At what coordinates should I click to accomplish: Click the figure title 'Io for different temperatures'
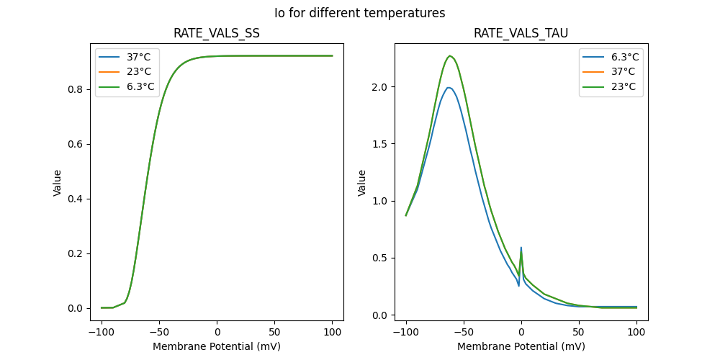coord(359,13)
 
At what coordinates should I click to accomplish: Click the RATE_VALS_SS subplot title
coord(217,34)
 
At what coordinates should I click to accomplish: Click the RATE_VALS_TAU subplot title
coord(521,34)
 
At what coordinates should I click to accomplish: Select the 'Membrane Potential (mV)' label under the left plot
coord(217,346)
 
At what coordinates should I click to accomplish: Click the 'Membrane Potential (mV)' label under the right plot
coord(521,346)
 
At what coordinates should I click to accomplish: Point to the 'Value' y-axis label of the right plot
coord(362,182)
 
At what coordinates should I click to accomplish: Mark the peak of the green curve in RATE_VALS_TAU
coord(449,55)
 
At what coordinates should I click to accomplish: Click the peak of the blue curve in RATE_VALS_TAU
coord(449,88)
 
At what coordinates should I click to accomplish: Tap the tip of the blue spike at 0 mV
coord(521,248)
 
